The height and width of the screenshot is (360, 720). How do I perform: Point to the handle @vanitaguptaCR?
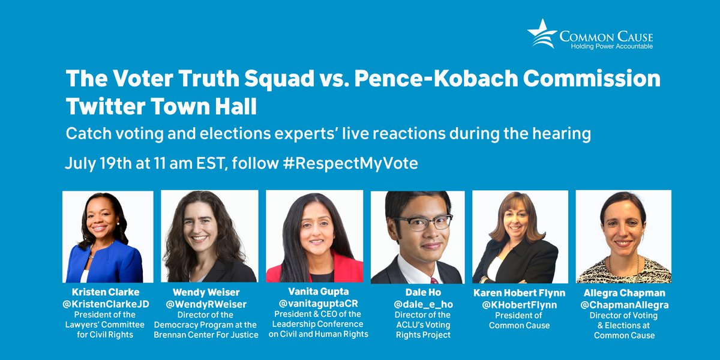(314, 302)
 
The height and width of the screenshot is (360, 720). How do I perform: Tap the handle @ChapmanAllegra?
(623, 304)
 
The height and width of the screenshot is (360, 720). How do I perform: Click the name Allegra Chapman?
(623, 293)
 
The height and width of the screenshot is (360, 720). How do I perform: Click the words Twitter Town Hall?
(161, 107)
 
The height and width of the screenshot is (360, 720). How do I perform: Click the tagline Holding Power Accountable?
(606, 46)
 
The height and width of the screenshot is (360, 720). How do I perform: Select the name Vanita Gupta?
(314, 292)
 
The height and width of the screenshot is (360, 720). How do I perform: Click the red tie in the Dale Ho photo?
(434, 280)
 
